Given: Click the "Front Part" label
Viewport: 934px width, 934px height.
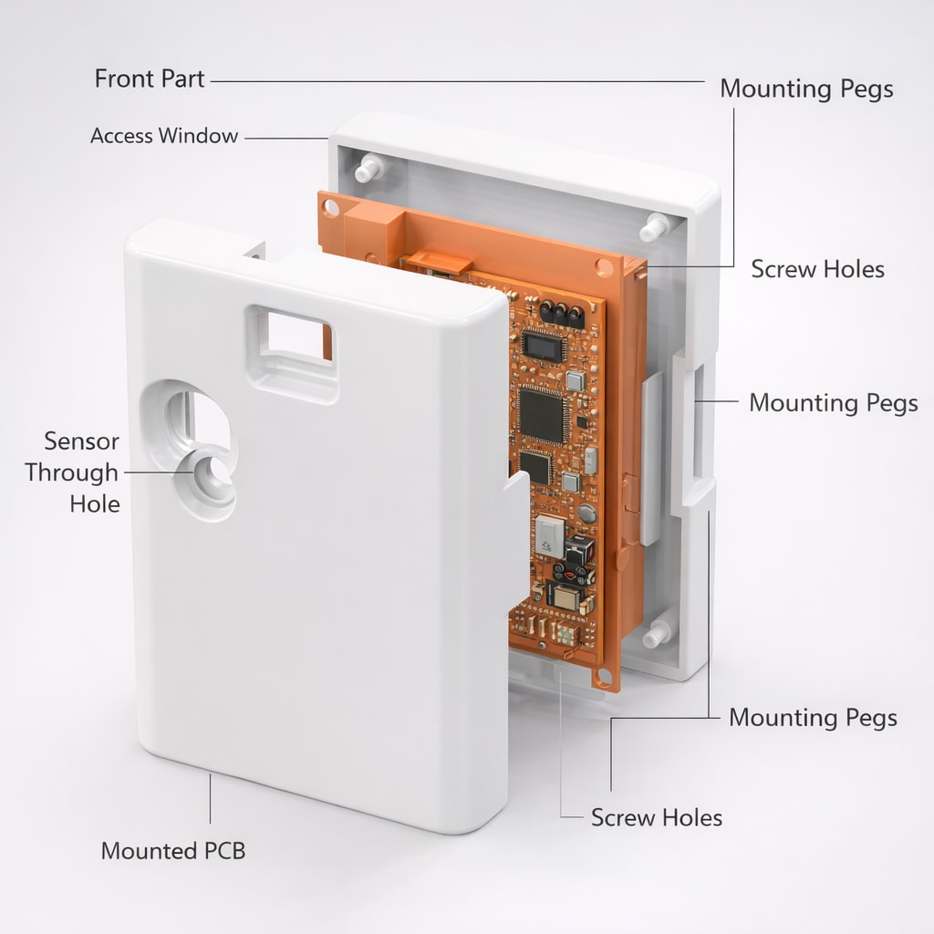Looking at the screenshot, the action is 150,78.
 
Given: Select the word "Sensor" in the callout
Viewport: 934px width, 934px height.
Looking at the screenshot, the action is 81,441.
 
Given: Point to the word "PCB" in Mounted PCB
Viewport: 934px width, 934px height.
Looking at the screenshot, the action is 224,851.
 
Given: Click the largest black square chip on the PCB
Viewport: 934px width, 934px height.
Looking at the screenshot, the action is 541,415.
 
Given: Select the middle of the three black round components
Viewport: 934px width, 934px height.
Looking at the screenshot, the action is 561,312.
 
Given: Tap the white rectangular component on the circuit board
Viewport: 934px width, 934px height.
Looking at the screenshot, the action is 550,536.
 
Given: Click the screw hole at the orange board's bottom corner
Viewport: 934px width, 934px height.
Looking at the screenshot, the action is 604,677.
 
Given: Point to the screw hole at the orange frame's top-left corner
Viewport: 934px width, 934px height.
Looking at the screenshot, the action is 330,208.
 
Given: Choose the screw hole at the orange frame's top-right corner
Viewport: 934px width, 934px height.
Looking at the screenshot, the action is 603,267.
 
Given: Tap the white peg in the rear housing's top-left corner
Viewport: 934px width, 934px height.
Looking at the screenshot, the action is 369,168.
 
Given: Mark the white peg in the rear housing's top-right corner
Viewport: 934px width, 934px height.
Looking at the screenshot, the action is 655,227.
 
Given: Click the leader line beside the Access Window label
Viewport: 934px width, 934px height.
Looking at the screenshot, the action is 285,138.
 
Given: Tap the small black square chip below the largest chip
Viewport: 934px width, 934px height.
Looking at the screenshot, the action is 534,467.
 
